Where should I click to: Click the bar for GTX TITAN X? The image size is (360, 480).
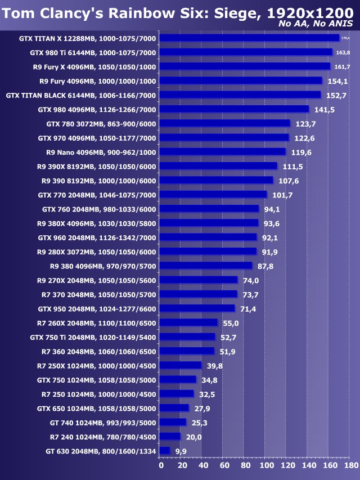[249, 38]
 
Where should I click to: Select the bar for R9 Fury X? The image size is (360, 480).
[245, 66]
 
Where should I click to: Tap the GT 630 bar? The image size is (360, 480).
[165, 451]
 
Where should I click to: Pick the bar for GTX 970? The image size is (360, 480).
[224, 137]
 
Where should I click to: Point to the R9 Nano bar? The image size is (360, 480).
[223, 152]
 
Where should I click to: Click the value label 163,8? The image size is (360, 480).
[343, 52]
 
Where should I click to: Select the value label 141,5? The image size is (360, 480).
[325, 109]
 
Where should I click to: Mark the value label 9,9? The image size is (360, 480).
[181, 451]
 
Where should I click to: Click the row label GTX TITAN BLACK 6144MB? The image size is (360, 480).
[81, 95]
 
